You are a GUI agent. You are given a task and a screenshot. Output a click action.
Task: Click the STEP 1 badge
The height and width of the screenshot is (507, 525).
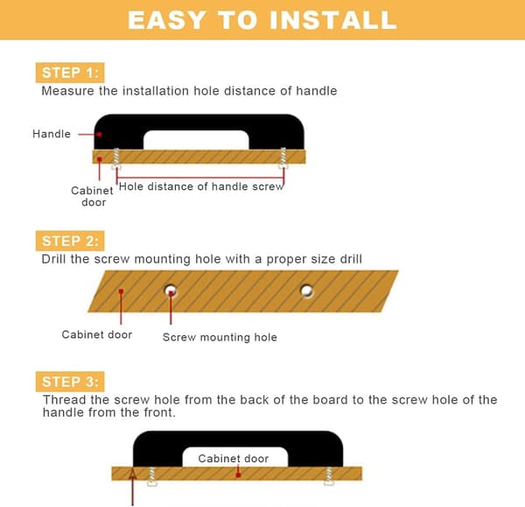coord(70,73)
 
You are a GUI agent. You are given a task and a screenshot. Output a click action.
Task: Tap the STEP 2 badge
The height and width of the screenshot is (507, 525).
coord(70,241)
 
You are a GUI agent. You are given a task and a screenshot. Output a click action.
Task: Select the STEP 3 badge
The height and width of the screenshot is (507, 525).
coord(70,381)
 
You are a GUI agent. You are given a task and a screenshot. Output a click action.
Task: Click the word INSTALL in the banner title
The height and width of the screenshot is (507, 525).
coord(333,20)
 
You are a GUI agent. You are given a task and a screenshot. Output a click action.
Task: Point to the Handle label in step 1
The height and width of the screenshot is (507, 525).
coord(52,134)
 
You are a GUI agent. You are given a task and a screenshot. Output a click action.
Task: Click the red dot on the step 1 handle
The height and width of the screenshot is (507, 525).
coord(100,134)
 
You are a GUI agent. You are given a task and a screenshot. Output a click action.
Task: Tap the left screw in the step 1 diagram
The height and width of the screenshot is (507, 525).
coord(116,158)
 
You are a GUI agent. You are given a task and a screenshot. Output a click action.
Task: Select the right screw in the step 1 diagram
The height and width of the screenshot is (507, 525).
coord(283,158)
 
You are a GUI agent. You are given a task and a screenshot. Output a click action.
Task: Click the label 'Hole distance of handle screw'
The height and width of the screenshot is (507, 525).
coord(201,187)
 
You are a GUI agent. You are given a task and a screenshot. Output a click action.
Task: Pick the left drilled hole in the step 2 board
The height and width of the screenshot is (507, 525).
coord(171,290)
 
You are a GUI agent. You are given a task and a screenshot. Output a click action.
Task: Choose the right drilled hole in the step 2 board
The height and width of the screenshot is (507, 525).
coord(307,291)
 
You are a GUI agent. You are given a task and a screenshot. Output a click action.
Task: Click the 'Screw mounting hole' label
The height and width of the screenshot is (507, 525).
coord(220,337)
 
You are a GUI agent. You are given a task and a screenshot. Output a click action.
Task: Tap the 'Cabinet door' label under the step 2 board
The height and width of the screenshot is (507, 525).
coord(97,334)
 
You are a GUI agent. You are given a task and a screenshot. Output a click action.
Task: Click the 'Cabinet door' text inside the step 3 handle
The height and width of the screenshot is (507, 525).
coord(234,459)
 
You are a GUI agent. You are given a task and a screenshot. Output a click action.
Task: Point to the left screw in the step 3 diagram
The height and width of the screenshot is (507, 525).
coord(152,476)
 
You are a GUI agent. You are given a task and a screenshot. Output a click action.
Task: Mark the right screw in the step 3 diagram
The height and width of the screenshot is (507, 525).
coord(329,475)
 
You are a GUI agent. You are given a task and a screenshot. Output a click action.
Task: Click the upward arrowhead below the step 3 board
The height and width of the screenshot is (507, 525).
coord(133,474)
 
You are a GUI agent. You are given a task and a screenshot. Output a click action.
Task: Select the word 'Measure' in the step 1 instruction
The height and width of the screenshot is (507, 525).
coord(67,91)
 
